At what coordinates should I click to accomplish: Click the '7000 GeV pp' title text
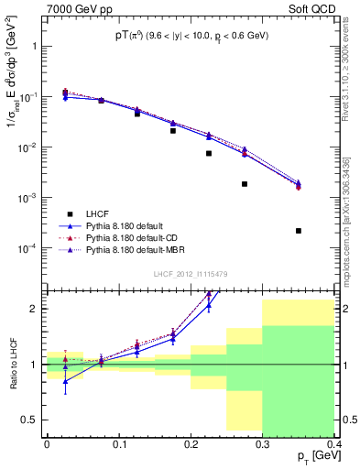(x=73, y=7)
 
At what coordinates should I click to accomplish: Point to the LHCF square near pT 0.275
(x=245, y=184)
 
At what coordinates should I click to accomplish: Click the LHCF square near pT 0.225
(x=209, y=154)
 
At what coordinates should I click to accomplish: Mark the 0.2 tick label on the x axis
(x=191, y=443)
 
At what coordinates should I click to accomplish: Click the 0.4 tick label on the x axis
(x=334, y=443)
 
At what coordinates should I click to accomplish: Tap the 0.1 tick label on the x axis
(x=118, y=443)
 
